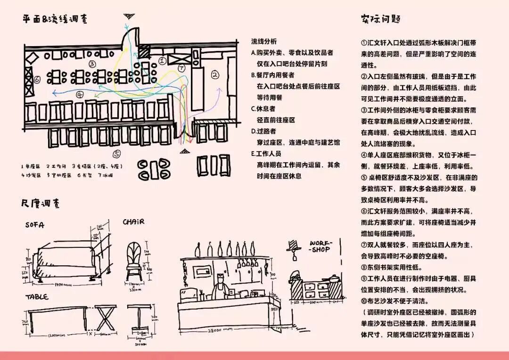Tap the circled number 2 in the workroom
pos(215,74)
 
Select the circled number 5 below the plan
pos(117,154)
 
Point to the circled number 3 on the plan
pos(92,64)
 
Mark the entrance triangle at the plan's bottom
pos(184,151)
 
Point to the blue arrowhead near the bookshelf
pos(54,92)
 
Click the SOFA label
pos(35,226)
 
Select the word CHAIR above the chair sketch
pos(134,221)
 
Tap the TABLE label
pos(37,297)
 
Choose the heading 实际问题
pos(381,19)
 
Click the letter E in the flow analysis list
pos(254,154)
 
